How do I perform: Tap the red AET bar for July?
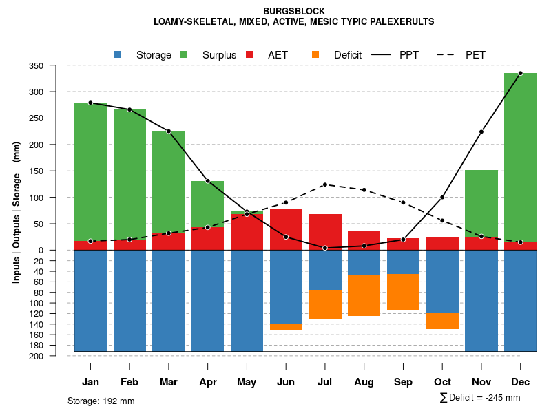[325, 232]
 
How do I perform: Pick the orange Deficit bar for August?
[364, 295]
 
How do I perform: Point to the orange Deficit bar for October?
[442, 321]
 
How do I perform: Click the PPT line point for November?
[481, 131]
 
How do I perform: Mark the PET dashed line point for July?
[325, 184]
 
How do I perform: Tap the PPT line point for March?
[169, 131]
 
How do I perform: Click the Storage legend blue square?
[118, 54]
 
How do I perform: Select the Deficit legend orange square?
[315, 54]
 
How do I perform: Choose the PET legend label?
[475, 55]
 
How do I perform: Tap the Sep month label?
[403, 382]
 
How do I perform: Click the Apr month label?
[208, 382]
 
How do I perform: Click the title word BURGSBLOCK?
[294, 11]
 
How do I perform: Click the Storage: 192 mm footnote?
[101, 401]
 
